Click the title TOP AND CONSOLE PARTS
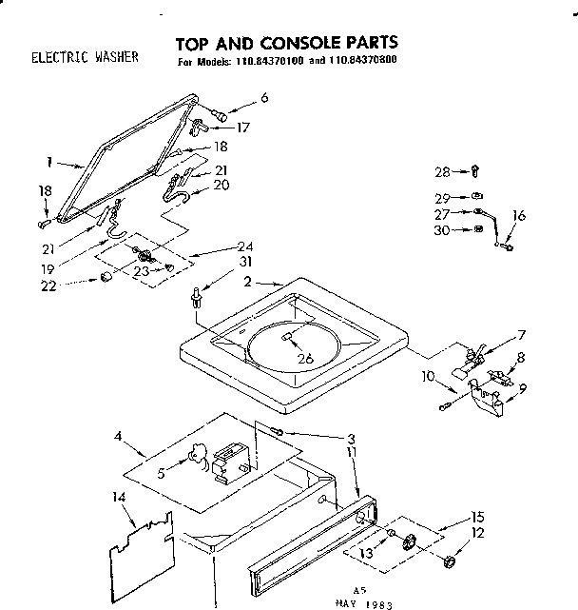[286, 43]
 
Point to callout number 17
[243, 126]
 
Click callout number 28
[442, 172]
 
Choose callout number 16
[518, 217]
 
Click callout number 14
[119, 497]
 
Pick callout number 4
[118, 438]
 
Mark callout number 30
[442, 229]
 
